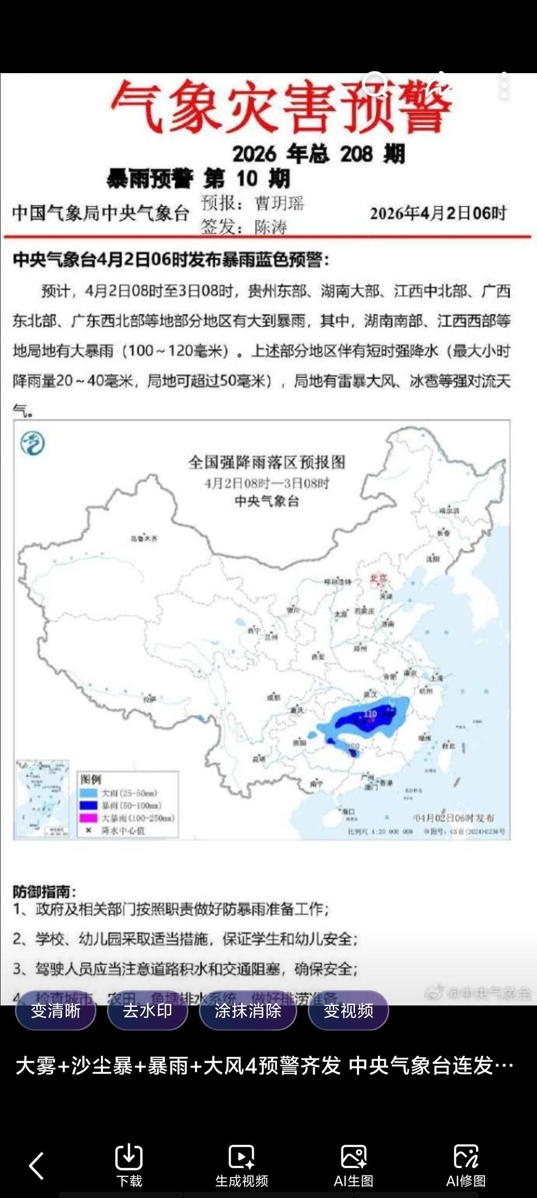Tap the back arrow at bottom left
pos(36,1165)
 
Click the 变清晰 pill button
pos(56,1010)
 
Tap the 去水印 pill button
pos(148,1010)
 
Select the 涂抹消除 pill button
pos(248,1010)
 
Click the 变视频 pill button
pos(349,1010)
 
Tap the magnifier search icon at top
pos(375,85)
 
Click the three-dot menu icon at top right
pos(504,86)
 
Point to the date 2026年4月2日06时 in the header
pos(438,213)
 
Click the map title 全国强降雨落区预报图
pos(267,462)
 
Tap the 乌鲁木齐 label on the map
pos(144,538)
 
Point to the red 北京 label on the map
pos(378,578)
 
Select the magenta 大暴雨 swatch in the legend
pos(89,818)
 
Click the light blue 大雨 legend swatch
pos(89,793)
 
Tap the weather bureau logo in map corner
pos(33,443)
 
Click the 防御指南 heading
pos(45,891)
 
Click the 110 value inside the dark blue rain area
pos(370,714)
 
